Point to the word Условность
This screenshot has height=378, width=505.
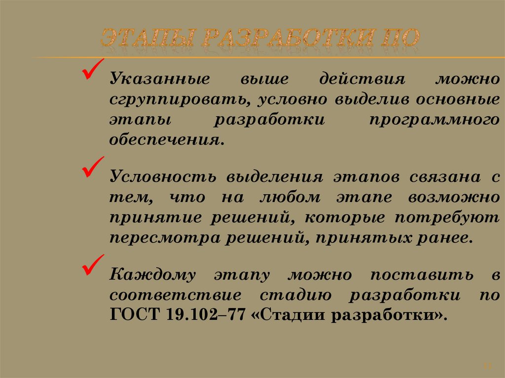(163, 177)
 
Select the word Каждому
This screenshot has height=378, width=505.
(153, 275)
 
